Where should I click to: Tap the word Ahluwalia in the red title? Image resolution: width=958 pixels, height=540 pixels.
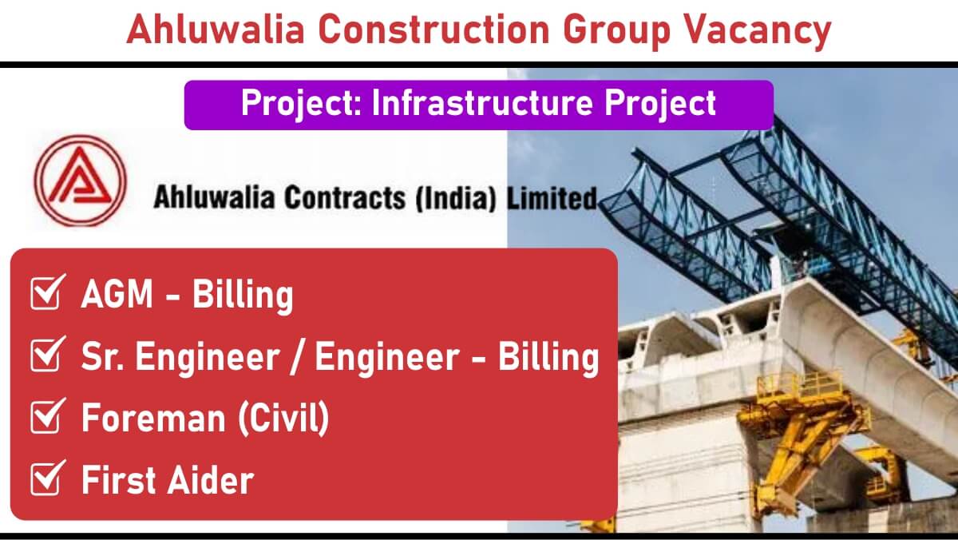[215, 29]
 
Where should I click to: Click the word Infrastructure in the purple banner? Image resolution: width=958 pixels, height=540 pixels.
[482, 103]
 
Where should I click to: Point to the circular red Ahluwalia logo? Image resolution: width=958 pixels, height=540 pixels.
[81, 181]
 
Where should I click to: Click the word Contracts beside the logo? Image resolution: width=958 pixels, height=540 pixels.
[345, 197]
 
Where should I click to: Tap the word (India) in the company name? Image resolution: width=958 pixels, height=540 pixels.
[456, 197]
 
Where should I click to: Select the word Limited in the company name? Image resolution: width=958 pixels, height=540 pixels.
[552, 197]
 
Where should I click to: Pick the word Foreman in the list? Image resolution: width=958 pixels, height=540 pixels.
[153, 418]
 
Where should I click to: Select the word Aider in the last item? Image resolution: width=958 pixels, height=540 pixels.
[211, 479]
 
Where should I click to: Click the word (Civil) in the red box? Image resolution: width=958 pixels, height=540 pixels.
[283, 418]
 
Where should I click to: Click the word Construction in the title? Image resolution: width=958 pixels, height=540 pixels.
[433, 29]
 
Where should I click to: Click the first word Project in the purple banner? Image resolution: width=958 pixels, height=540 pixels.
[302, 104]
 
